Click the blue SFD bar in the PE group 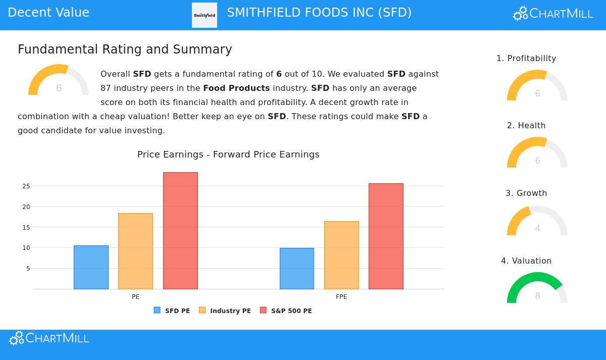[91, 267]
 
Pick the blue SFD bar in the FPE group [297, 269]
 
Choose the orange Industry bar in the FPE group [341, 255]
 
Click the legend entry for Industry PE [225, 311]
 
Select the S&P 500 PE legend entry [286, 311]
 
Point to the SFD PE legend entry [172, 311]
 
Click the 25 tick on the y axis [26, 186]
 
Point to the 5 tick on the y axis [28, 269]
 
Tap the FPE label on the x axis [341, 297]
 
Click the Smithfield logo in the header [205, 15]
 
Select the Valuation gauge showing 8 [537, 289]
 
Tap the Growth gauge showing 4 [537, 222]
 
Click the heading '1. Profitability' [526, 59]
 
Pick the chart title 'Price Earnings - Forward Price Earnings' [228, 155]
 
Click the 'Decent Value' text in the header [48, 13]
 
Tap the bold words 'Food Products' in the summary [236, 88]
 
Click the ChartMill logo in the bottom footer [49, 338]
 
